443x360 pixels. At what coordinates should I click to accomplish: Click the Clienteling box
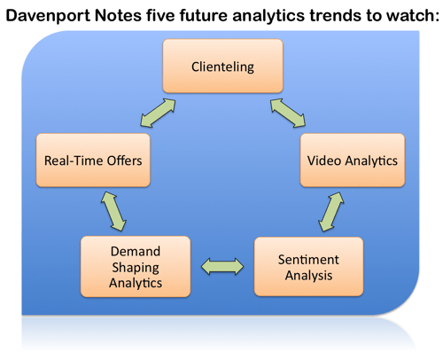pyautogui.click(x=223, y=67)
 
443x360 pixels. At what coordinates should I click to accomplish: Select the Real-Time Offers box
pyautogui.click(x=93, y=160)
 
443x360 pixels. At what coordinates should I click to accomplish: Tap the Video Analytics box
pyautogui.click(x=353, y=160)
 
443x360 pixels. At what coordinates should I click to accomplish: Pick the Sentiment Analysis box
pyautogui.click(x=308, y=267)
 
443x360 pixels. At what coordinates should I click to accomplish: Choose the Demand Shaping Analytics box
pyautogui.click(x=136, y=267)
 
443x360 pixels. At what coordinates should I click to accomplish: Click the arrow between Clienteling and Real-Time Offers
pyautogui.click(x=158, y=113)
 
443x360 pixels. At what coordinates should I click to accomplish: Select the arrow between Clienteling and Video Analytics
pyautogui.click(x=288, y=113)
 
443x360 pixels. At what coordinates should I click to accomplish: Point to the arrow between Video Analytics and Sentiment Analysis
pyautogui.click(x=331, y=212)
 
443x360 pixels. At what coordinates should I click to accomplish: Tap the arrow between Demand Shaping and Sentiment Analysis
pyautogui.click(x=222, y=267)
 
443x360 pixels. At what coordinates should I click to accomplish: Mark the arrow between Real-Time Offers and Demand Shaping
pyautogui.click(x=113, y=211)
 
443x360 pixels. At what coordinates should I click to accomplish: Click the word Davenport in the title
pyautogui.click(x=48, y=16)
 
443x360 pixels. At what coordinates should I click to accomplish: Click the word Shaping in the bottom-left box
pyautogui.click(x=136, y=268)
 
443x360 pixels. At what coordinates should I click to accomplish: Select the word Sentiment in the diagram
pyautogui.click(x=308, y=260)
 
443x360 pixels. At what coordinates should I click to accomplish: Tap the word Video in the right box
pyautogui.click(x=324, y=160)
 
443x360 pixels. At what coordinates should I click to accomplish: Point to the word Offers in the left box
pyautogui.click(x=124, y=160)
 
